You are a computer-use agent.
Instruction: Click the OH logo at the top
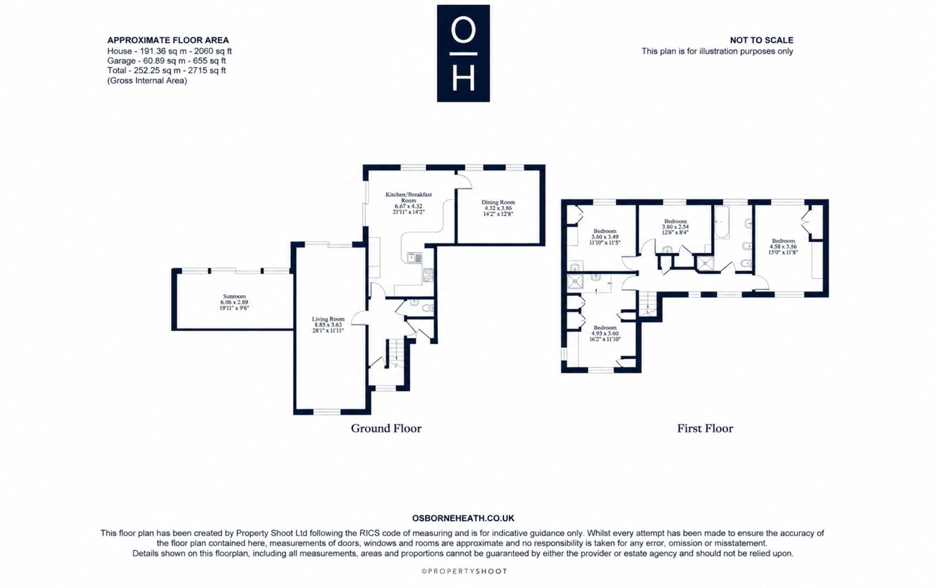click(463, 53)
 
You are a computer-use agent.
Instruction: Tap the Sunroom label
click(234, 302)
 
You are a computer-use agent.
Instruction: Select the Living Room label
click(328, 324)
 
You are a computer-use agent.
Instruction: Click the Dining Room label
click(498, 208)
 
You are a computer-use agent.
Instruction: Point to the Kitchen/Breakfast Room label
click(409, 203)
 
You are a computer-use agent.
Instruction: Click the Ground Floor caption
click(386, 428)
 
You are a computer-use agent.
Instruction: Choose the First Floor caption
click(705, 428)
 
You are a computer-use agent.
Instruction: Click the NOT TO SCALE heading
click(761, 40)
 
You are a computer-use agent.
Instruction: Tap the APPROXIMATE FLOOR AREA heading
click(168, 40)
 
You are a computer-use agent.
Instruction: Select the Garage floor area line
click(167, 61)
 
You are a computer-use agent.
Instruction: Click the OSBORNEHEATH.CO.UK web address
click(463, 518)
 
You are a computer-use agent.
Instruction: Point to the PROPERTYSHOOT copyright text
click(464, 571)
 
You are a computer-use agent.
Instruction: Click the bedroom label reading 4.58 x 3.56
click(783, 246)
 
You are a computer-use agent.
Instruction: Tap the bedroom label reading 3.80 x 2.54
click(675, 227)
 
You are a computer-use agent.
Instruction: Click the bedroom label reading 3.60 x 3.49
click(605, 236)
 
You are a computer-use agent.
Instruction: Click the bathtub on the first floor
click(721, 222)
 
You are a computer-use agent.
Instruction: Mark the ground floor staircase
click(395, 353)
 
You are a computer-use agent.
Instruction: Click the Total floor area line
click(167, 71)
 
